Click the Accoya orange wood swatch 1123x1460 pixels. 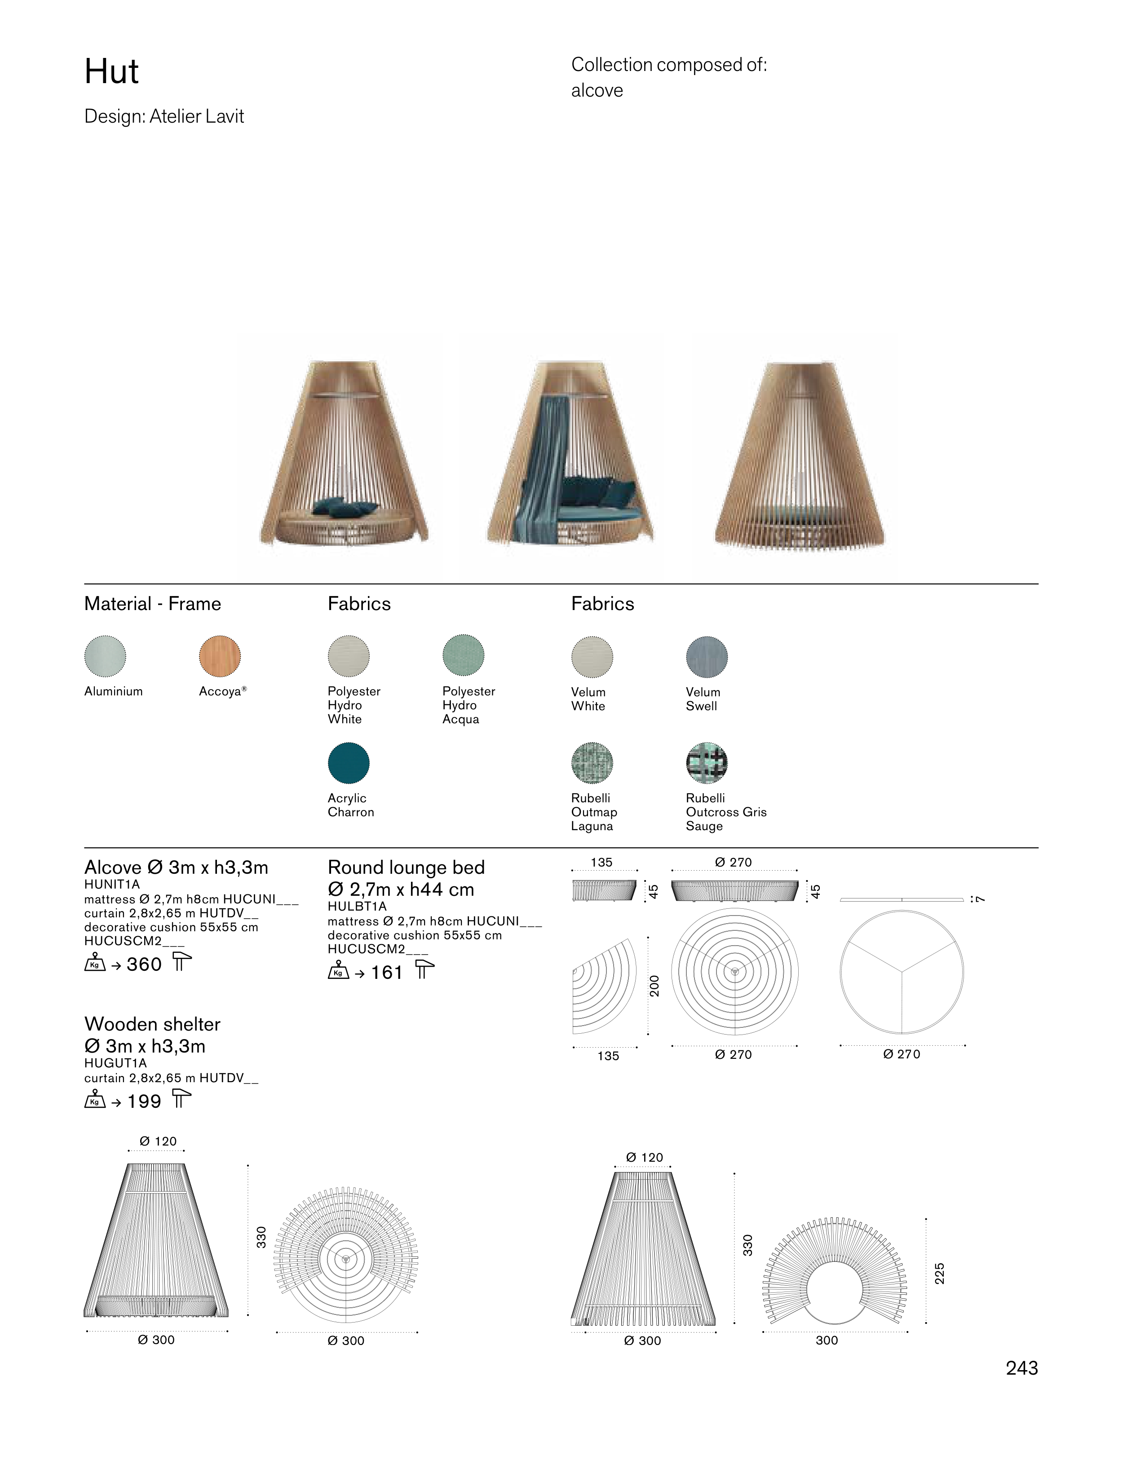tap(220, 656)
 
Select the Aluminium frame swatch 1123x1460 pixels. tap(105, 656)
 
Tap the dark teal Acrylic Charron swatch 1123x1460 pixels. tap(348, 763)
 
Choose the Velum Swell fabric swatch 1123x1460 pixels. tap(707, 656)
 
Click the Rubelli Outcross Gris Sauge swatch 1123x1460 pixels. tap(707, 763)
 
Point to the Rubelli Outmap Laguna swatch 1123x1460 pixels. tap(592, 763)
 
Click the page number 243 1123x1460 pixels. tap(1021, 1368)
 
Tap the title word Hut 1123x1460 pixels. tap(112, 71)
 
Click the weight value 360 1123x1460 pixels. tap(144, 964)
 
